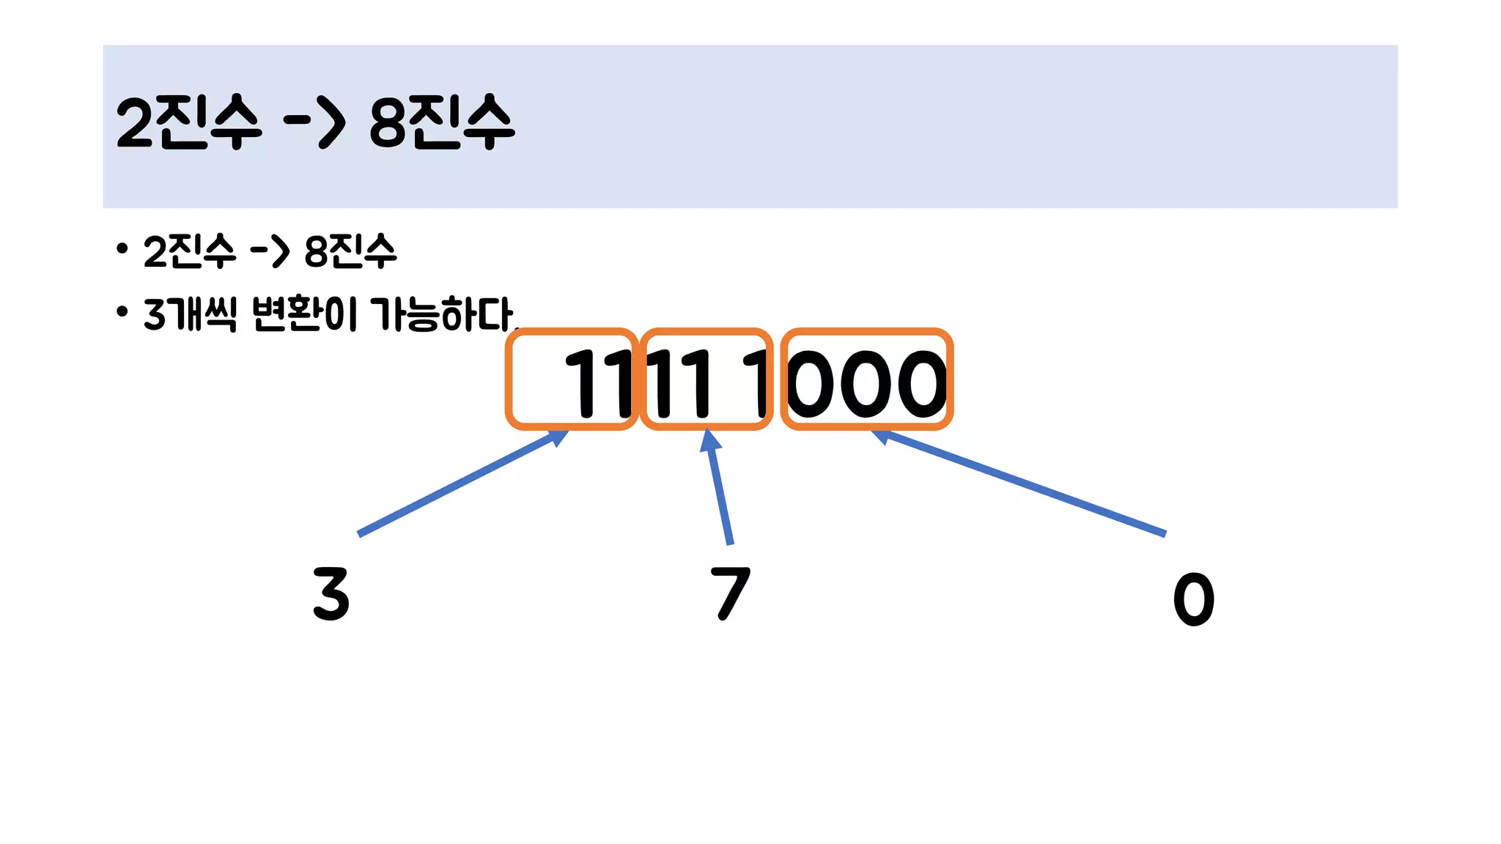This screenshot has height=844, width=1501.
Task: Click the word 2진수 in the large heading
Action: pos(188,122)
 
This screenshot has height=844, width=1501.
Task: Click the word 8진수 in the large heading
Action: pos(442,122)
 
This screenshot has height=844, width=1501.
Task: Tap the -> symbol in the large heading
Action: pos(314,122)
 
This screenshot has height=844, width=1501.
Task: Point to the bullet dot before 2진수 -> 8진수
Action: pos(122,249)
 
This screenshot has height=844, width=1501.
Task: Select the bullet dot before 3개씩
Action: pos(122,312)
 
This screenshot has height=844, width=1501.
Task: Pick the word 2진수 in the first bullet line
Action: pos(189,251)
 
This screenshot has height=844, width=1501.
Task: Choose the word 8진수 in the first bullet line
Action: pos(350,251)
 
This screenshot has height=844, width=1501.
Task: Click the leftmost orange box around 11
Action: pos(571,379)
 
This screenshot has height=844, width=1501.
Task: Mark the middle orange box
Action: pos(706,379)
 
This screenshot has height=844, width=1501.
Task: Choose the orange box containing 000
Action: pos(866,379)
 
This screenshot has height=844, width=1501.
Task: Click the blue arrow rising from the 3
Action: pos(462,484)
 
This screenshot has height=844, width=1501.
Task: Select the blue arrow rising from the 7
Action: pos(719,487)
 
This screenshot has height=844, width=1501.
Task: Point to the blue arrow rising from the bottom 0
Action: pos(1026,484)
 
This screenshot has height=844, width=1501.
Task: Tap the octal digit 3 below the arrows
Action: pos(331,594)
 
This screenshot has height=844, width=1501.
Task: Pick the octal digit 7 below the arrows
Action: pos(730,593)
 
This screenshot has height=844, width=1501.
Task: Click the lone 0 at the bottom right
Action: pos(1193,599)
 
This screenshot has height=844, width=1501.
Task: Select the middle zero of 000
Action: pos(867,383)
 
